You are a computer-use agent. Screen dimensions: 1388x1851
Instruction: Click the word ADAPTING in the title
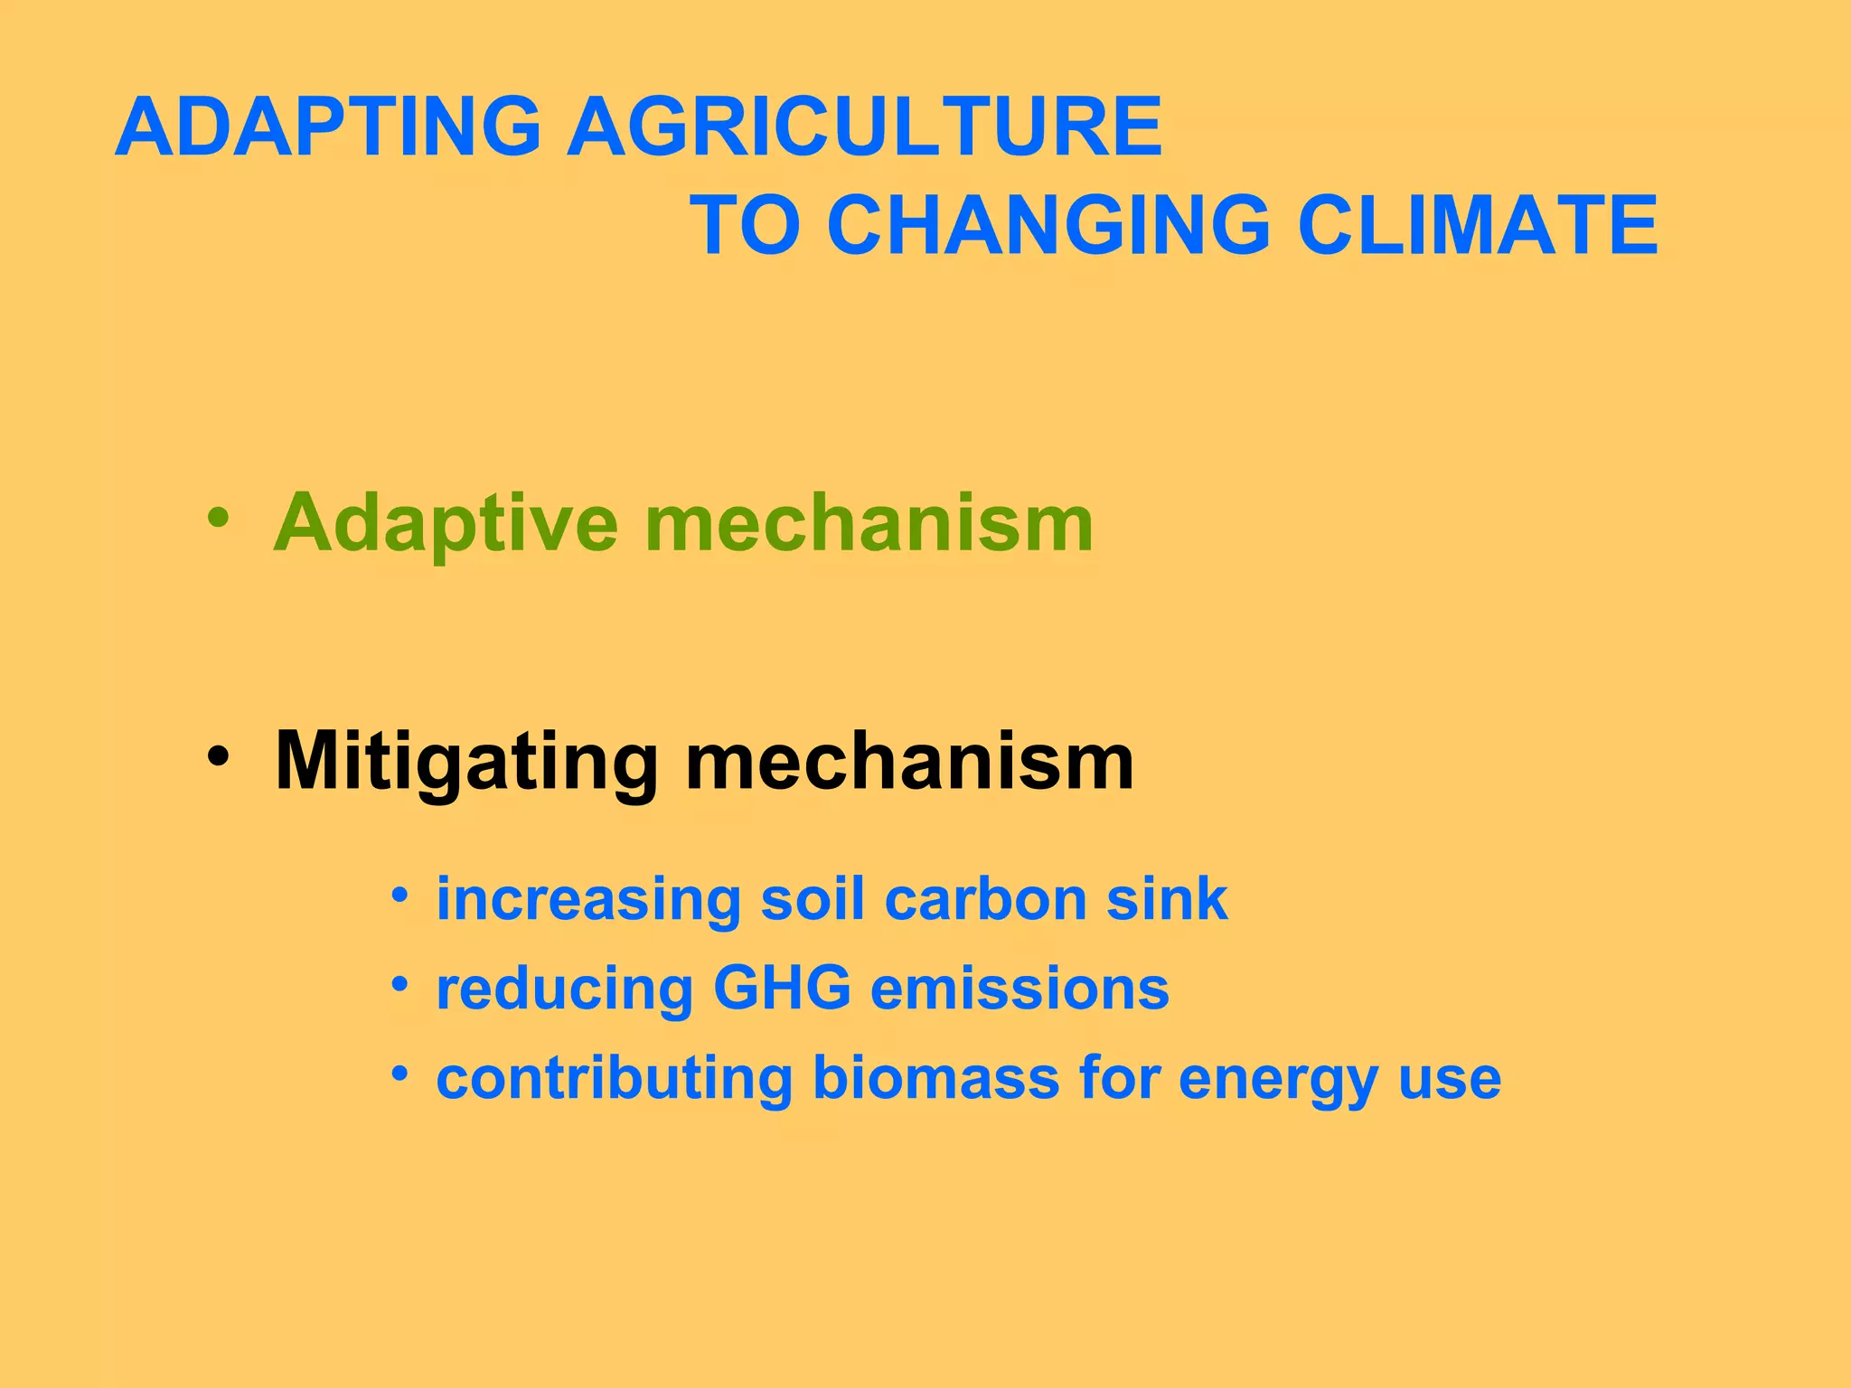point(328,127)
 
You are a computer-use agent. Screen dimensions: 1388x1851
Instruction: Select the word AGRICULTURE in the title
point(865,127)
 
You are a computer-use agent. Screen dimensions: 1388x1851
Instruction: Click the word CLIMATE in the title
point(1478,225)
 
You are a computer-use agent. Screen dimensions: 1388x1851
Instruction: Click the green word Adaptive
point(446,523)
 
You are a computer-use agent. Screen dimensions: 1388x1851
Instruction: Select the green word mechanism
point(869,523)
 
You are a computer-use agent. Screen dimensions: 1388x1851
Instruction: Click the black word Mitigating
point(466,762)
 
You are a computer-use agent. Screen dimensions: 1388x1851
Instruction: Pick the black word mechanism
point(909,762)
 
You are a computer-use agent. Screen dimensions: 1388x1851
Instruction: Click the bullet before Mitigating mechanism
point(217,755)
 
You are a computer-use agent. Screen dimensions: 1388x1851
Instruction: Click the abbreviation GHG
point(782,989)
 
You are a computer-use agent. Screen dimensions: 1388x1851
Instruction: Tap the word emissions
point(1019,989)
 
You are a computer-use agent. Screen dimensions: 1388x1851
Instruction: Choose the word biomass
point(936,1078)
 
